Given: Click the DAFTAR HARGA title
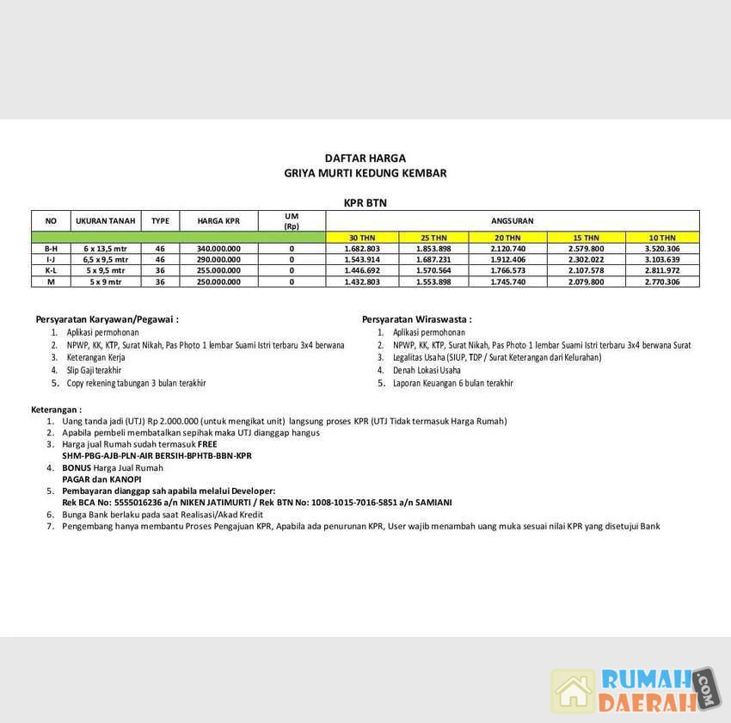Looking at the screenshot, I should coord(365,158).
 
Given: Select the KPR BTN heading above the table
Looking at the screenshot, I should coord(365,203).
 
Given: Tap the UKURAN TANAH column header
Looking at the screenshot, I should coord(105,220).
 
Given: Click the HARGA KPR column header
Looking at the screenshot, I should coord(218,220).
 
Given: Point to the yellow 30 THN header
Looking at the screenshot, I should coord(361,237).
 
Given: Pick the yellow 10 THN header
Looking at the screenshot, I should coord(661,237).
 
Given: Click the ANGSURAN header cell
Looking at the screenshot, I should coord(512,220).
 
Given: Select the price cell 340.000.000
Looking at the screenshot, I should coord(218,248).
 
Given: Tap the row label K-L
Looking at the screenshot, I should coord(51,270).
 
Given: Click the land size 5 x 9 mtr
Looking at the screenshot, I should coord(105,281).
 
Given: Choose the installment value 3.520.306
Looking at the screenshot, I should coord(661,248).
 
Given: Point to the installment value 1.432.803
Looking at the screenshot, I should coord(361,281).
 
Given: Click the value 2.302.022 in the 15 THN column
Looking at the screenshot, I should coord(587,259).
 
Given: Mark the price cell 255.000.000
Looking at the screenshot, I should coord(218,270).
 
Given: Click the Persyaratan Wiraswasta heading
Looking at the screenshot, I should coord(416,319).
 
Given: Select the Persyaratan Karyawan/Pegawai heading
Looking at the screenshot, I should coord(107,319).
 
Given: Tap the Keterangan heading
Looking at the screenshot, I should coord(57,410).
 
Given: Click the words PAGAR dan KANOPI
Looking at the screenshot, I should coord(101,479).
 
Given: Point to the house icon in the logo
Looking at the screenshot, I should coord(574,690).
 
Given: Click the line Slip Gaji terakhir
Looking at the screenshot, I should coord(94,370).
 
